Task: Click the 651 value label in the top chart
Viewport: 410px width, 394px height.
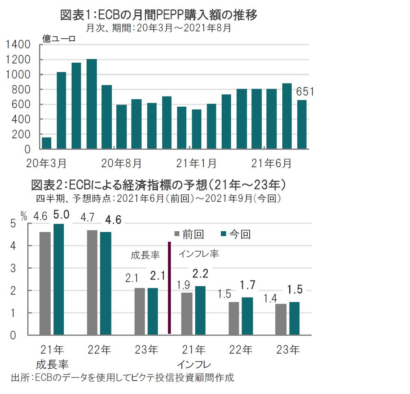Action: tap(305, 92)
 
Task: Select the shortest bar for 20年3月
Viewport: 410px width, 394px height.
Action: tap(47, 143)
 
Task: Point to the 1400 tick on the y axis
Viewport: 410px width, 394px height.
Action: tap(19, 45)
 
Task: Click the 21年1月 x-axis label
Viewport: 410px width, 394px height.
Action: tap(196, 164)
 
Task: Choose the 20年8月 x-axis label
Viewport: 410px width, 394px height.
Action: tap(122, 164)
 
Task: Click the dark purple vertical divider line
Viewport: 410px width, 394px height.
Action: tap(169, 287)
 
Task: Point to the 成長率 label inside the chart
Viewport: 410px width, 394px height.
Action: tap(145, 255)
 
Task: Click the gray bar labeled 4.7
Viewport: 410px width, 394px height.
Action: tap(92, 282)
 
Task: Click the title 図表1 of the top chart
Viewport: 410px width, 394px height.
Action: tap(158, 15)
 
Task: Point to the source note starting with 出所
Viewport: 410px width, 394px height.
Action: tap(122, 377)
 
